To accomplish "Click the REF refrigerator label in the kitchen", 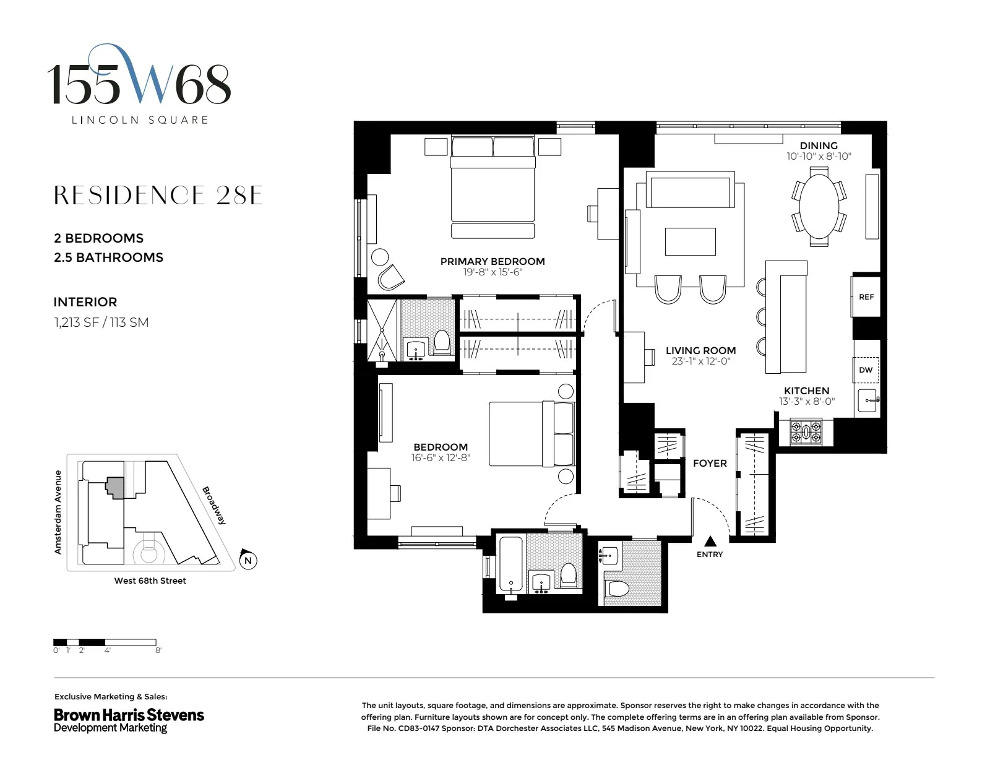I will tap(866, 297).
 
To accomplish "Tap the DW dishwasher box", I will tap(866, 370).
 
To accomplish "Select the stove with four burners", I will tap(806, 431).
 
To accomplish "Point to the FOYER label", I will tap(710, 463).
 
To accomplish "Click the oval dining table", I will tap(819, 205).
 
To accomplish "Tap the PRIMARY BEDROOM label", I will tap(493, 261).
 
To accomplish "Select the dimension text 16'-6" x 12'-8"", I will tap(441, 458).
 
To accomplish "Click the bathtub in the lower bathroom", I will tap(511, 565).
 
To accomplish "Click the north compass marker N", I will tap(247, 560).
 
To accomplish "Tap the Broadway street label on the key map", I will tap(214, 505).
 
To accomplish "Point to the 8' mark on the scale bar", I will tap(158, 650).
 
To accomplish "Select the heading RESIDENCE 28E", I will tap(158, 196).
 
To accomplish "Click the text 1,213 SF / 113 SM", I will tap(101, 322).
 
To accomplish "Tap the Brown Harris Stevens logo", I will tap(129, 720).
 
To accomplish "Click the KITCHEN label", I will tap(806, 391).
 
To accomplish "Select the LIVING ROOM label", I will tap(700, 350).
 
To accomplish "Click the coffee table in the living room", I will tap(690, 241).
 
